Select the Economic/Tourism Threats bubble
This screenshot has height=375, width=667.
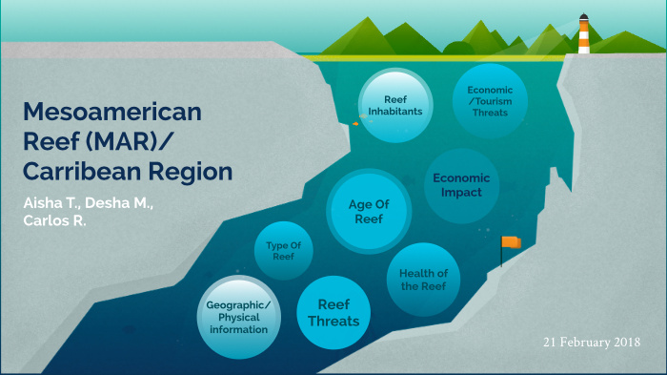click(489, 98)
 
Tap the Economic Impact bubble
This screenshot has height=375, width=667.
click(461, 184)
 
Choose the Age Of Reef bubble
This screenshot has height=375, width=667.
click(365, 210)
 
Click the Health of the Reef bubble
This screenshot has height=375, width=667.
click(424, 280)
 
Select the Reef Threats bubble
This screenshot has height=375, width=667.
click(333, 313)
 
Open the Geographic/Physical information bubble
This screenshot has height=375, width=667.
click(238, 317)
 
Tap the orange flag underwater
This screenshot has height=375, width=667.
click(511, 242)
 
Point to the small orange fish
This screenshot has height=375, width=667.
click(355, 123)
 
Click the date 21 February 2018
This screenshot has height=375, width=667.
click(592, 342)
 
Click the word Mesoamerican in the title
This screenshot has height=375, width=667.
click(112, 112)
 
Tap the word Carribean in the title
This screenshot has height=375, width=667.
click(83, 173)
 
